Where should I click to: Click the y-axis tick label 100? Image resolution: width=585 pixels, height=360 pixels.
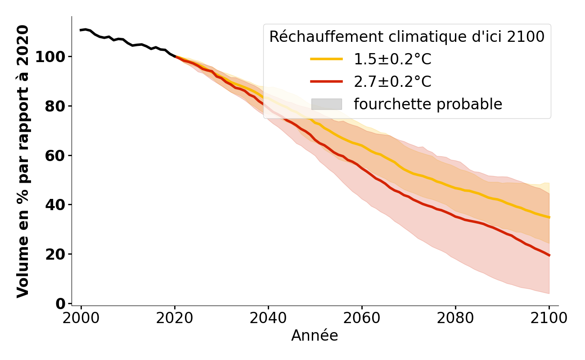pyautogui.click(x=50, y=57)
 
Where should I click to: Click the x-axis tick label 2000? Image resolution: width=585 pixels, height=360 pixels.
pyautogui.click(x=81, y=318)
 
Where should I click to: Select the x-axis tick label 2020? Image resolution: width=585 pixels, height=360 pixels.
pyautogui.click(x=175, y=318)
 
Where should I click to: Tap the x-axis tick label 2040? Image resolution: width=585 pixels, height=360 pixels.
pyautogui.click(x=268, y=318)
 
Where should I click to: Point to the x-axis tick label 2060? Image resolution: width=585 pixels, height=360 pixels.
pyautogui.click(x=362, y=318)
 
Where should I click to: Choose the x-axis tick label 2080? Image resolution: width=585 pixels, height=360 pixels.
pyautogui.click(x=455, y=318)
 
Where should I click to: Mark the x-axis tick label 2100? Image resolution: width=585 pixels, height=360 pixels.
pyautogui.click(x=549, y=318)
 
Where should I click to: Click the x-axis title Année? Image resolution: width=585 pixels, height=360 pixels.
pyautogui.click(x=315, y=336)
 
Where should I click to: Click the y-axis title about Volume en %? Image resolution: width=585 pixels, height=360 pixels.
pyautogui.click(x=23, y=161)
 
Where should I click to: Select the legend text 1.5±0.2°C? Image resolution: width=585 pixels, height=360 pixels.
pyautogui.click(x=392, y=59)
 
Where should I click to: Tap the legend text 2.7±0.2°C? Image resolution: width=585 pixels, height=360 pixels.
pyautogui.click(x=392, y=82)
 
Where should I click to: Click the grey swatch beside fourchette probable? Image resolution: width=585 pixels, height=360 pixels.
pyautogui.click(x=326, y=104)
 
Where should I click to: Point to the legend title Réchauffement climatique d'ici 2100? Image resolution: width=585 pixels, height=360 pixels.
pyautogui.click(x=407, y=37)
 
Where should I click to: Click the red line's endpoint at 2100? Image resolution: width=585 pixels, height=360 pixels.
pyautogui.click(x=549, y=255)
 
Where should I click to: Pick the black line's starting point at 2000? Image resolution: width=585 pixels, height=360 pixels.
pyautogui.click(x=81, y=30)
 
